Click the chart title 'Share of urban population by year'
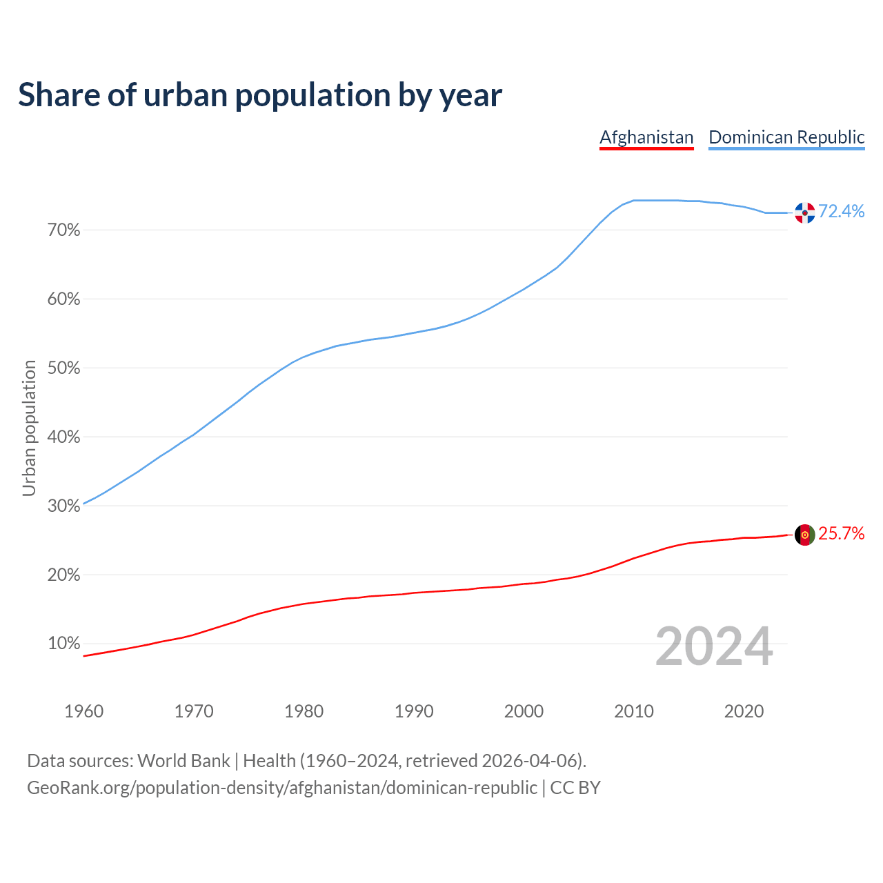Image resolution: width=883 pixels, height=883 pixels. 260,95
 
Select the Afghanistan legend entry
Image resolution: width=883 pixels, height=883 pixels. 646,137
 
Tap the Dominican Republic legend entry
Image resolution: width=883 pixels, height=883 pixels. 786,137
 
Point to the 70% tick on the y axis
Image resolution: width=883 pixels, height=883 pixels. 64,230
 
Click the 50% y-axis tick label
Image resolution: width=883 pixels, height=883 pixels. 64,368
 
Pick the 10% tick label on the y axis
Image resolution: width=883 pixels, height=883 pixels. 64,644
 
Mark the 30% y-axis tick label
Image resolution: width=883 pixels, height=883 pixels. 64,506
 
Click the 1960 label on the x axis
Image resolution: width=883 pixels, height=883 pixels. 83,711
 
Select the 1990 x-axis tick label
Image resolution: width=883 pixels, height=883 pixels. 414,711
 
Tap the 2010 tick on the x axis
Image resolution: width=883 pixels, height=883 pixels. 634,711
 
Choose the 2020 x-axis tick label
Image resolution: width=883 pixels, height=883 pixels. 744,711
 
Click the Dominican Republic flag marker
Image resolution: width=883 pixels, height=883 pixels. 804,212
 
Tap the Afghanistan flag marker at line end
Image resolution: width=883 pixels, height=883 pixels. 804,535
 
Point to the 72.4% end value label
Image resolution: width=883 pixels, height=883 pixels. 842,212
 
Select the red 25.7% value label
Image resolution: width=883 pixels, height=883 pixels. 842,534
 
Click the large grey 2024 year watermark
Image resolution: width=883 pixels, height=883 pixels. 714,646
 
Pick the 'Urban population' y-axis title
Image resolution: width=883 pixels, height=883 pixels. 29,428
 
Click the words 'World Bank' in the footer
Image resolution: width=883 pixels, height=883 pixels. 183,761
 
